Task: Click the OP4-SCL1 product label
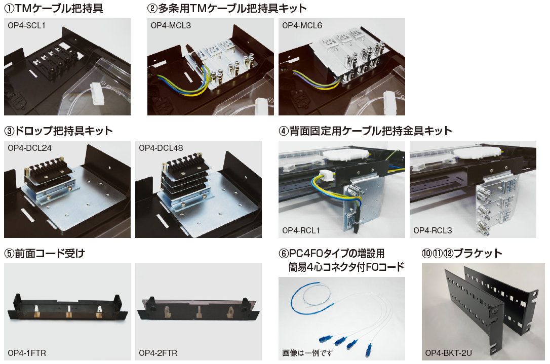(x=27, y=26)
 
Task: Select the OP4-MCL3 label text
(x=171, y=26)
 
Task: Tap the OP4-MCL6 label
(x=302, y=26)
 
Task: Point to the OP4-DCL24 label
(x=29, y=148)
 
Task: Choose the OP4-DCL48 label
(x=161, y=148)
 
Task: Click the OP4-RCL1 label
(x=301, y=230)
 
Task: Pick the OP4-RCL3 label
(x=433, y=230)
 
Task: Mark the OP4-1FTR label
(x=27, y=353)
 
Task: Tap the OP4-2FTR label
(x=158, y=353)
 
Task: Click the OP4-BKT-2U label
(x=448, y=353)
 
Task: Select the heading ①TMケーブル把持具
(x=54, y=8)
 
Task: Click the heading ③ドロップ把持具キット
(x=59, y=131)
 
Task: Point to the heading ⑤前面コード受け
(x=45, y=253)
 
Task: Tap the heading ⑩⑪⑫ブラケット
(x=461, y=253)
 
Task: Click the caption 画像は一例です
(x=307, y=353)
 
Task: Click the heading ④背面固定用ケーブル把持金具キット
(x=365, y=131)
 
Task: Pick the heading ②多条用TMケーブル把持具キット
(x=227, y=8)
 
